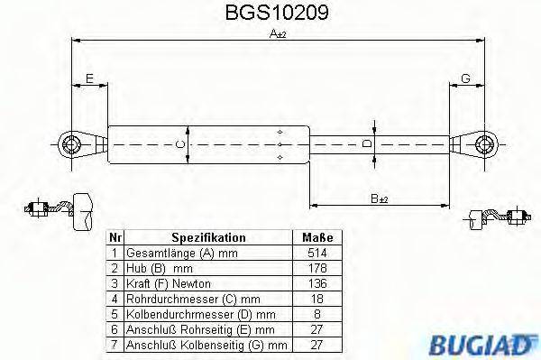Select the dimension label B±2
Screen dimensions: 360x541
(x=380, y=198)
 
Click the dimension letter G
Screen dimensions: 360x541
(x=465, y=79)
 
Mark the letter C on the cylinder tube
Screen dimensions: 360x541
(x=179, y=143)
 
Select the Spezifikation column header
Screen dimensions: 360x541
(x=208, y=236)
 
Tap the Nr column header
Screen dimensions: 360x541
(x=115, y=236)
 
